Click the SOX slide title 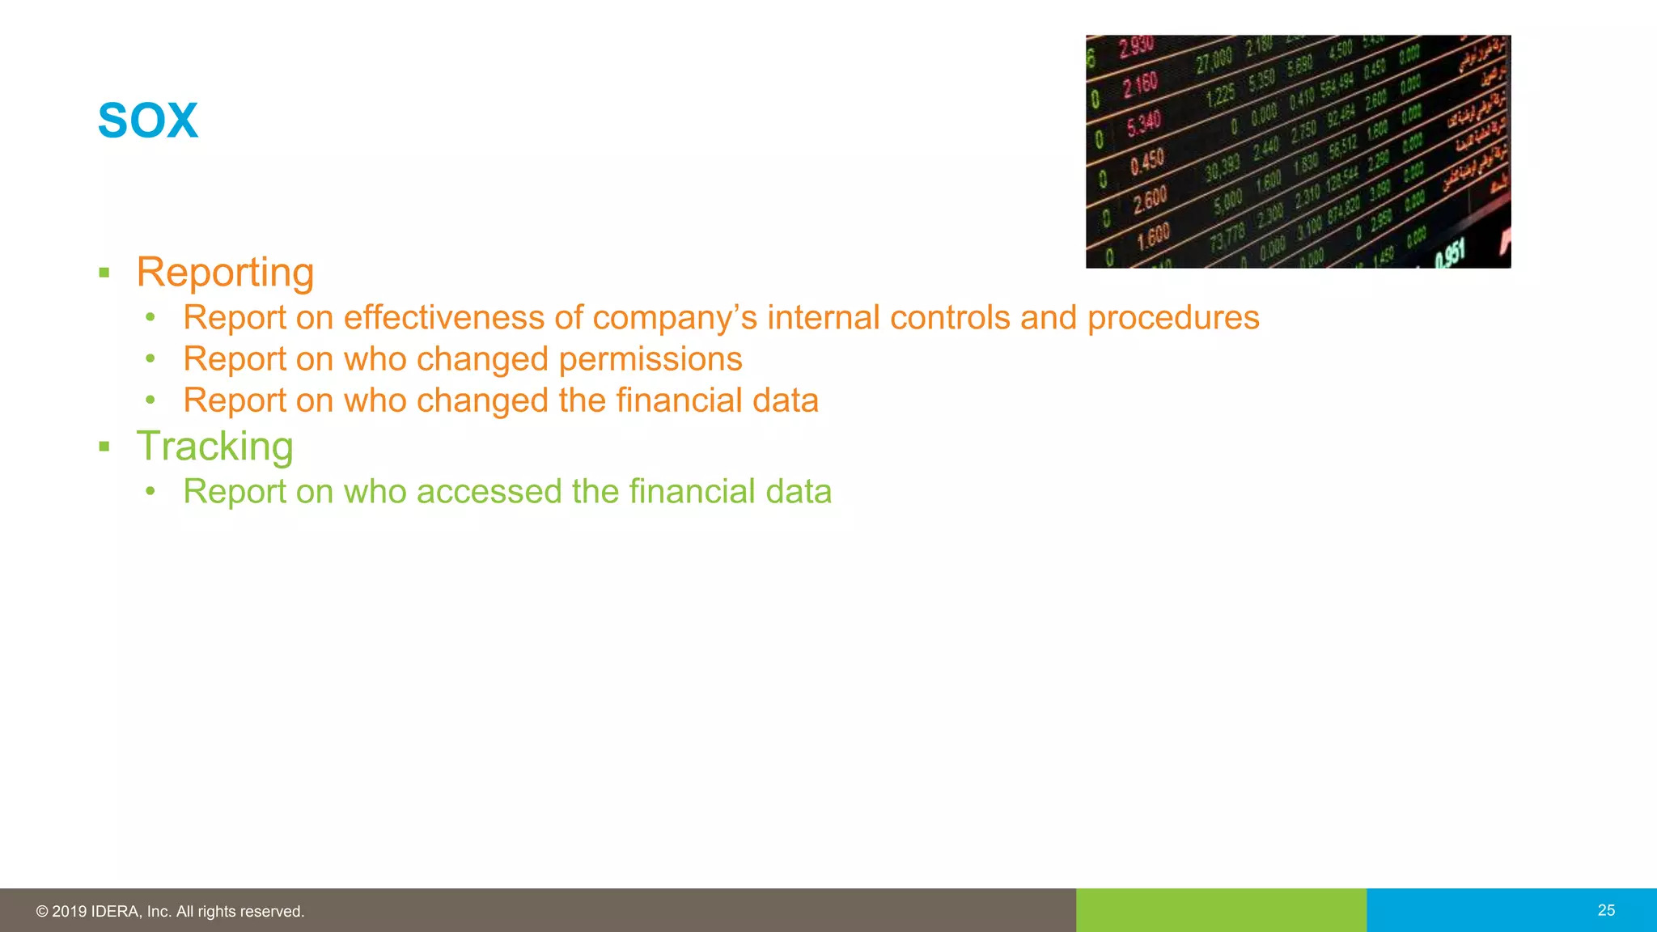coord(147,121)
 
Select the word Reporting coord(225,273)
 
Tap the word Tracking coord(214,447)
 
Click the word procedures coord(1172,318)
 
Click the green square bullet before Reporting coord(104,273)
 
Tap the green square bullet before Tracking coord(104,447)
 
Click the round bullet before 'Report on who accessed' coord(150,490)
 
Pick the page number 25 coord(1606,910)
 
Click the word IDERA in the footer coord(117,912)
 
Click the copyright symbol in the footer coord(42,912)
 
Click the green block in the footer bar coord(1220,910)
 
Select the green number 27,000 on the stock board coord(1214,59)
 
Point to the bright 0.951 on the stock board coord(1449,254)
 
